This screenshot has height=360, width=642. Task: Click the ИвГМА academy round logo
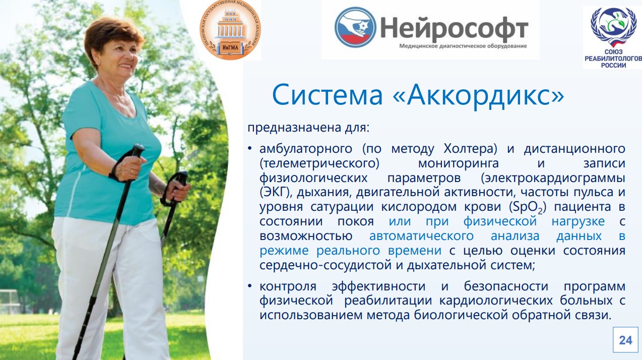point(230,30)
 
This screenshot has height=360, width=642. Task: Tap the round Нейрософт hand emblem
point(355,27)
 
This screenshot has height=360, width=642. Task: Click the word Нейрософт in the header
point(454,28)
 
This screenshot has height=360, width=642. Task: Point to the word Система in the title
point(328,95)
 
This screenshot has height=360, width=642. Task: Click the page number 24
point(625,340)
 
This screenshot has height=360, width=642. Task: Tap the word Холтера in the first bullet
point(470,149)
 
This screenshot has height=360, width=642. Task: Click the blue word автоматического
point(421,236)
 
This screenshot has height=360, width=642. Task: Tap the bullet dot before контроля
point(250,286)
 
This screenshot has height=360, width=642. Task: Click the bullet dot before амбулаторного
point(250,148)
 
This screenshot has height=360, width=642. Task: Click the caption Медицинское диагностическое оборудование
point(463,46)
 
